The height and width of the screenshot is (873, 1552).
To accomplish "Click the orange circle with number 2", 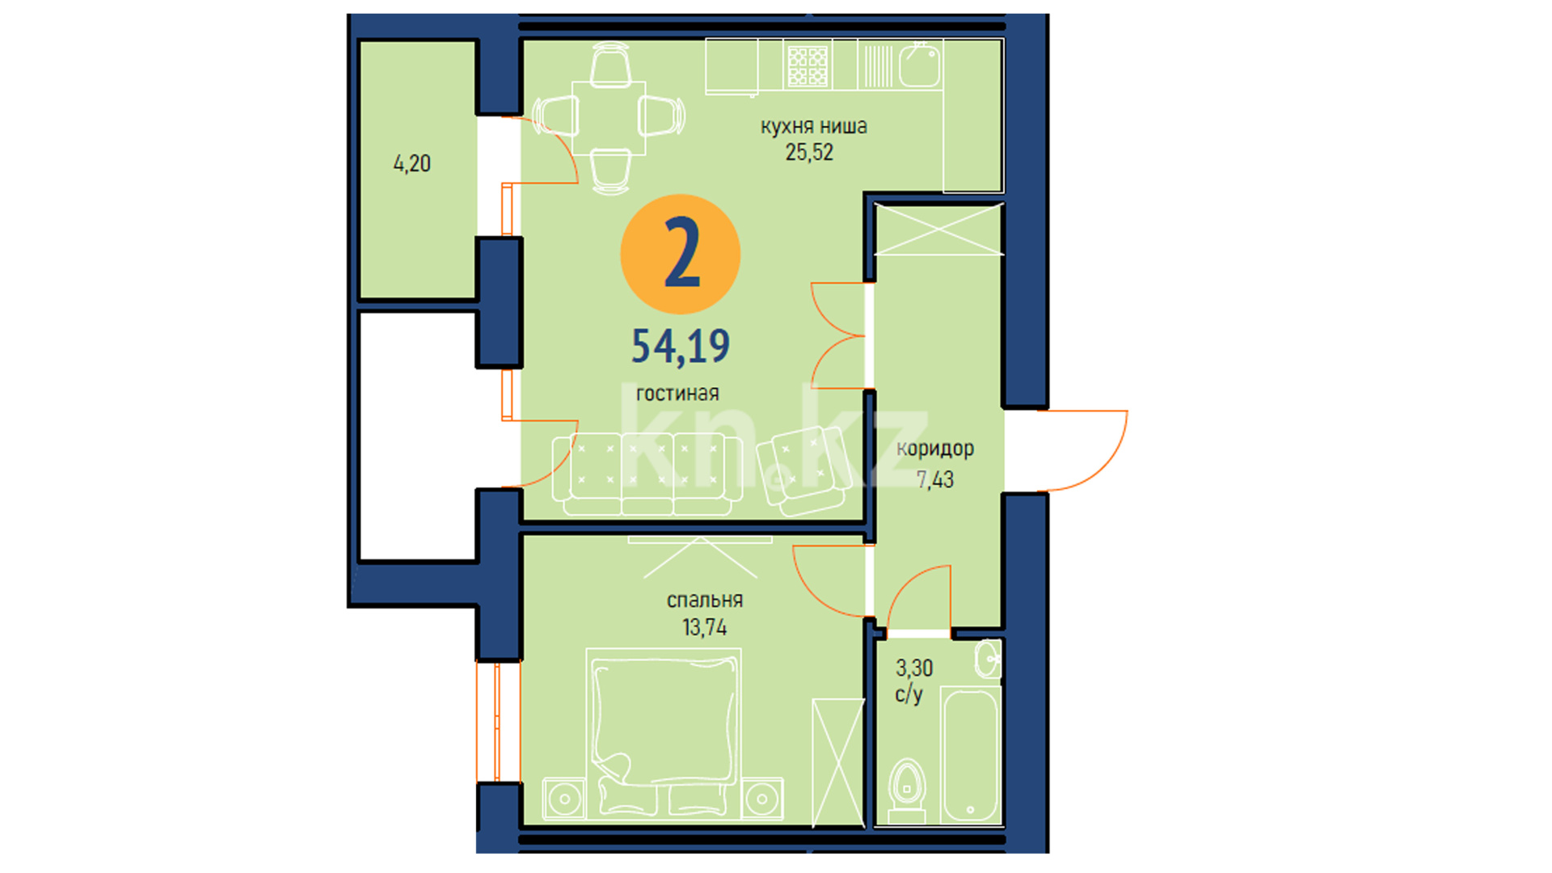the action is tap(680, 254).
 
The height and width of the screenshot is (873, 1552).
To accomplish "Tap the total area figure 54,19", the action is tap(680, 346).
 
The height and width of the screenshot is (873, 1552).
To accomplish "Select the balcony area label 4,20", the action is tap(411, 163).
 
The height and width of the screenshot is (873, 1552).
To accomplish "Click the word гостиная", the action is tap(677, 394).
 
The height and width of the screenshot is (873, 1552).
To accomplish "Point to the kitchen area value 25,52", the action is tap(809, 152).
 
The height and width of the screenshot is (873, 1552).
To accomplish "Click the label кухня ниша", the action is tap(813, 126).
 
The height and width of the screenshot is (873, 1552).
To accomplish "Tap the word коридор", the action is tap(935, 449).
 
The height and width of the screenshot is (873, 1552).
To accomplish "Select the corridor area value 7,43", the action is tap(935, 479).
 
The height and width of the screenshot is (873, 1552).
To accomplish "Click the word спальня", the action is tap(704, 601).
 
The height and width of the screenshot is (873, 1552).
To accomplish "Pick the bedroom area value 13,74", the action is tap(704, 627).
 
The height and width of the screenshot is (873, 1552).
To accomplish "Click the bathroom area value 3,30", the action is tap(914, 668).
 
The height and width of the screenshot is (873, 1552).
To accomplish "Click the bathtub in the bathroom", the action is tap(971, 755).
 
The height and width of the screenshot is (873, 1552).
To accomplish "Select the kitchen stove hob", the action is tap(808, 65).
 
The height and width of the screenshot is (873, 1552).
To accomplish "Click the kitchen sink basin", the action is tap(920, 66).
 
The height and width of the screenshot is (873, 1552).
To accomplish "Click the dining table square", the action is tap(609, 118).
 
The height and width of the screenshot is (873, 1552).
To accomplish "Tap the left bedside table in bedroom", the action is tap(564, 799).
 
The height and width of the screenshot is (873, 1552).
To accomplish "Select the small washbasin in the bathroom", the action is tap(988, 659).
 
